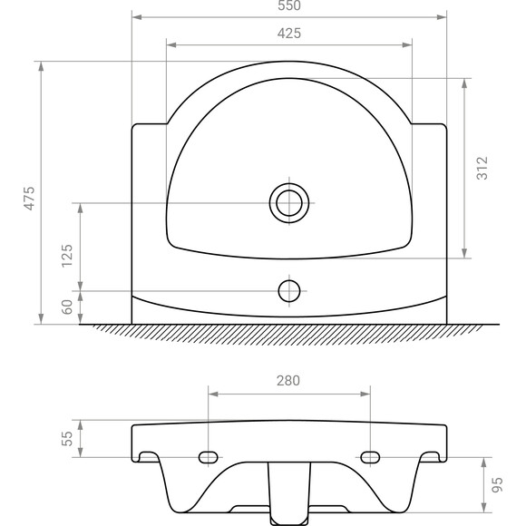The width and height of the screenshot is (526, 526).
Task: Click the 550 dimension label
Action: click(289, 5)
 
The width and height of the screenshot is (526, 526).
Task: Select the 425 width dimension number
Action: click(289, 33)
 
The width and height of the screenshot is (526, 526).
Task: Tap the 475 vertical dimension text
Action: click(29, 198)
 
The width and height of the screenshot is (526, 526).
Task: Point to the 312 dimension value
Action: click(482, 169)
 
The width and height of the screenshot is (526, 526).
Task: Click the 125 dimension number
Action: click(66, 256)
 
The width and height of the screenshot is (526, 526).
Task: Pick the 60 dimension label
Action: click(66, 307)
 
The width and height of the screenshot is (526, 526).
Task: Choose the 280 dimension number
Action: click(289, 380)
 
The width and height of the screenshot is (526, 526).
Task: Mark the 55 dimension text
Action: click(66, 439)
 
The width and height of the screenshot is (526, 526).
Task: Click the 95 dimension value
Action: click(496, 486)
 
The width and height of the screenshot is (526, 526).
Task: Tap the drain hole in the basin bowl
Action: click(289, 203)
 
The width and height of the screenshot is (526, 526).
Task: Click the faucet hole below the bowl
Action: click(289, 291)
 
